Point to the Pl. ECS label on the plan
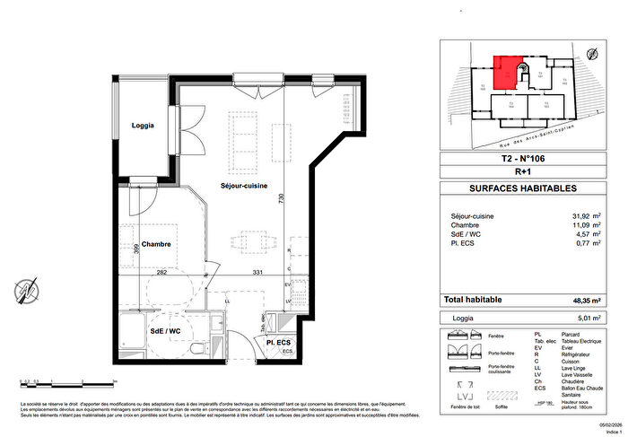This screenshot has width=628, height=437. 276,343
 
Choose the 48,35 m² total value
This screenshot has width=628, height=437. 583,300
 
